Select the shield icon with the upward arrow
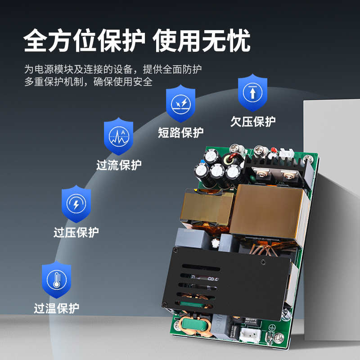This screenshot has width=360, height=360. (x=252, y=92)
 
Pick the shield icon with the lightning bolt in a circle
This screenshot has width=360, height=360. (x=76, y=204)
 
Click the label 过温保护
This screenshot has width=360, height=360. (x=57, y=309)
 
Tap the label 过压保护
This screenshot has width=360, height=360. (x=76, y=233)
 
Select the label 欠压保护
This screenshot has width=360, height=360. (x=253, y=121)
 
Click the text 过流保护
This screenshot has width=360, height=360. (x=119, y=165)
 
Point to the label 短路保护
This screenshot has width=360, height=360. (x=180, y=133)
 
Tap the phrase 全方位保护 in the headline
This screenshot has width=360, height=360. (x=84, y=42)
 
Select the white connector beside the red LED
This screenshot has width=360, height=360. (x=284, y=154)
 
